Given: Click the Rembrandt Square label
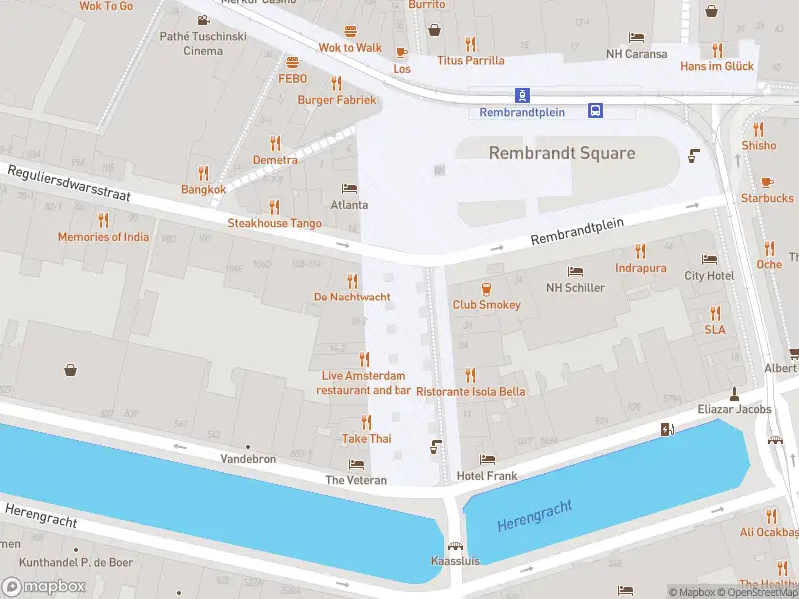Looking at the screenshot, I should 561,153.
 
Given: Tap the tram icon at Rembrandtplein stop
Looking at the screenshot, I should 521,95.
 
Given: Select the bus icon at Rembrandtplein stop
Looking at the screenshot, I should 595,110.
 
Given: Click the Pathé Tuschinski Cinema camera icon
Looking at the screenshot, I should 204,20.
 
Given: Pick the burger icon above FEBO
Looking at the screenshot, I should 292,62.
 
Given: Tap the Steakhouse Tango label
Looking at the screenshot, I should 274,223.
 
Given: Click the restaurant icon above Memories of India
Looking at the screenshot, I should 103,220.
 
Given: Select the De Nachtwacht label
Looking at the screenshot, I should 352,297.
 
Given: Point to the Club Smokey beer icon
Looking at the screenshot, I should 486,289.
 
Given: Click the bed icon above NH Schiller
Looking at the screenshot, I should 575,271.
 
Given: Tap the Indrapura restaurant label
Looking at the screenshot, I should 641,268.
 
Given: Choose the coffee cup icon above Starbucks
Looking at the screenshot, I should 767,182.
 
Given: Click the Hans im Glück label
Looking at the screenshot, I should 717,66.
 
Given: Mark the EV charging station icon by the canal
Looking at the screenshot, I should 667,429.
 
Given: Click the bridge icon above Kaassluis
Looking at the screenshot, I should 456,545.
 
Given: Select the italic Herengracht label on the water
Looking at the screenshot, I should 534,517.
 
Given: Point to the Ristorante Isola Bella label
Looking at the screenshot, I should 470,392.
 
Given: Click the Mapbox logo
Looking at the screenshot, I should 44,586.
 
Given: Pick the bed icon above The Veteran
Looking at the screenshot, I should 356,464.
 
